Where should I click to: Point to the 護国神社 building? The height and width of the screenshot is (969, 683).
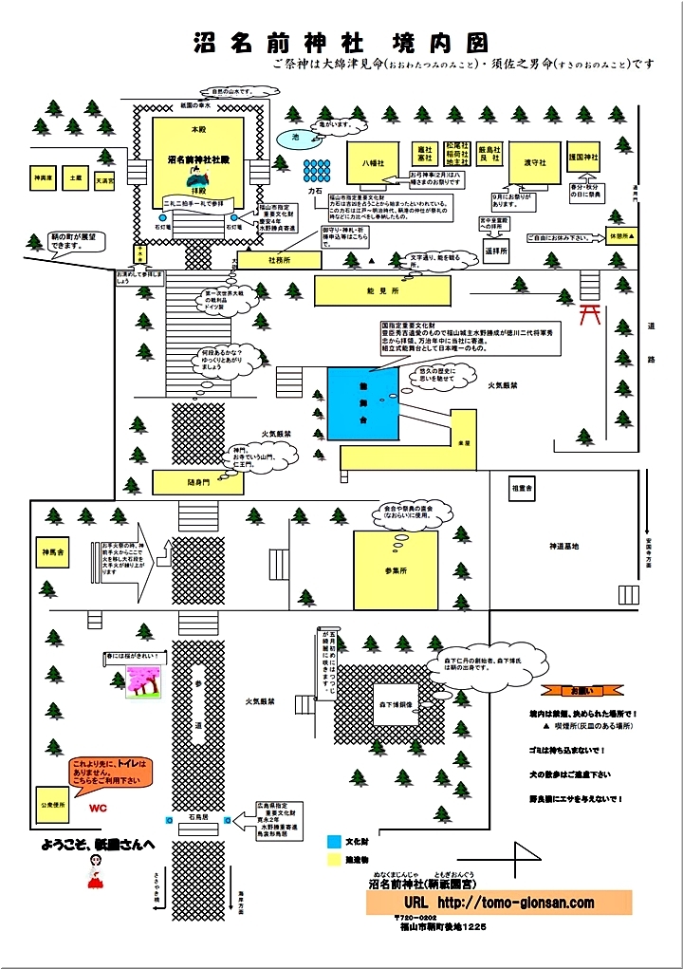coord(587,157)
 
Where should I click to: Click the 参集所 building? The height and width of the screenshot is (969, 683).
coord(396,569)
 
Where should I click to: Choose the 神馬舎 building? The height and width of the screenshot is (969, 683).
coord(51,551)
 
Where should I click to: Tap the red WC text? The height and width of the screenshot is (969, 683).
coord(98,810)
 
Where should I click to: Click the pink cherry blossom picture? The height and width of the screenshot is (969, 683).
coord(143,679)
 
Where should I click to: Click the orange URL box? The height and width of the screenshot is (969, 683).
coord(499,903)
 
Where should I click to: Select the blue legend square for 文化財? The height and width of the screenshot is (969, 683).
coord(333,841)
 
